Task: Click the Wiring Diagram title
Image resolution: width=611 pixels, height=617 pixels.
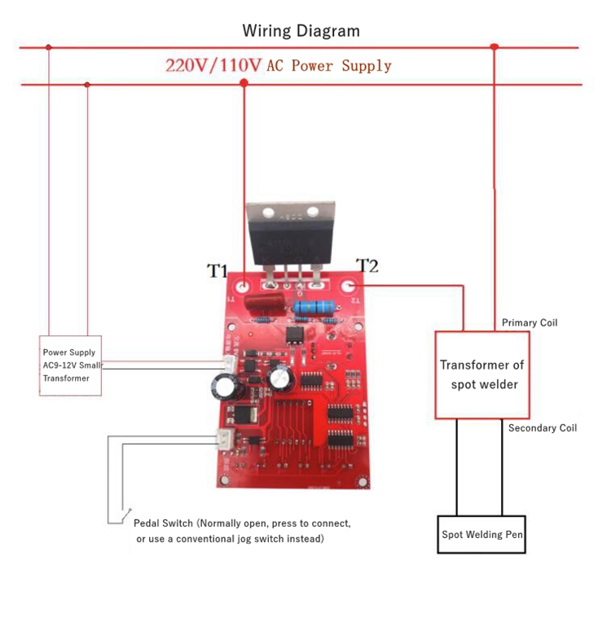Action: pos(301,31)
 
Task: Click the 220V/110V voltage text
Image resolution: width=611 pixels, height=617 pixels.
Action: pos(213,66)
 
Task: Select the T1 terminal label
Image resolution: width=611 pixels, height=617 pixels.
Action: pos(217,271)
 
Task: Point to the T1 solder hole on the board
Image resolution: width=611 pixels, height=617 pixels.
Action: pos(244,287)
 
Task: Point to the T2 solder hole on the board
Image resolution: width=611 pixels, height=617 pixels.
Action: pos(349,286)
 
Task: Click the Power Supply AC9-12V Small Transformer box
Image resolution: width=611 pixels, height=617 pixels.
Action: pos(71,365)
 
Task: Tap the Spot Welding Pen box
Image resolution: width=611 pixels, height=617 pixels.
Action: pos(481,535)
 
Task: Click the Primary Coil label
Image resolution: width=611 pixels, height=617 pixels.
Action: pos(530,323)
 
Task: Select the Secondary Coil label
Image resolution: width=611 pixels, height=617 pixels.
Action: pos(542,428)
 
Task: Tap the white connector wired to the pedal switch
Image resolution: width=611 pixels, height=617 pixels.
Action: pos(224,440)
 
